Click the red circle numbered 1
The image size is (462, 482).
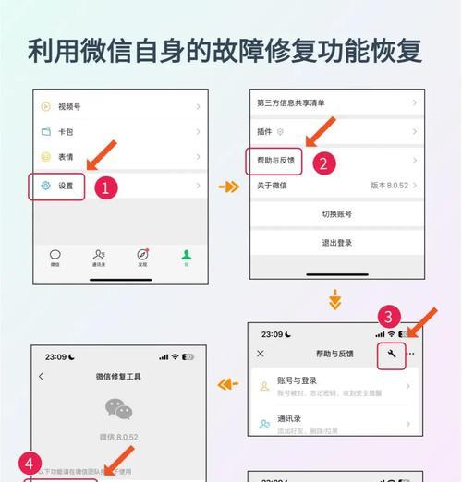(x=104, y=187)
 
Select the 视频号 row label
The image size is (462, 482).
(x=70, y=106)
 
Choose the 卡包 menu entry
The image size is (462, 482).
(x=66, y=132)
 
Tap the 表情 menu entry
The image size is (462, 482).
(x=66, y=158)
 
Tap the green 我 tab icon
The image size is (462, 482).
(x=186, y=255)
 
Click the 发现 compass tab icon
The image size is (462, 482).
(x=142, y=255)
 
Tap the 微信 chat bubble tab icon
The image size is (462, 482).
(x=55, y=255)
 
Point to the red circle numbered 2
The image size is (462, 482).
(x=322, y=163)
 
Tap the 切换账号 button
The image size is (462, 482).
(x=336, y=213)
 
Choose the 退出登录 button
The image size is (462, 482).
(x=336, y=243)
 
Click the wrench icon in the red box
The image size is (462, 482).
(x=391, y=355)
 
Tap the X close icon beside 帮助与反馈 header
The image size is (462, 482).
(x=261, y=354)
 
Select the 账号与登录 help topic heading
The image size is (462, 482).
(x=298, y=380)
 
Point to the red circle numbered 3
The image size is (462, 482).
(x=391, y=316)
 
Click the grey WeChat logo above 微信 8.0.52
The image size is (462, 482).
(x=118, y=410)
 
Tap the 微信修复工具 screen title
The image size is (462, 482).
(x=118, y=377)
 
